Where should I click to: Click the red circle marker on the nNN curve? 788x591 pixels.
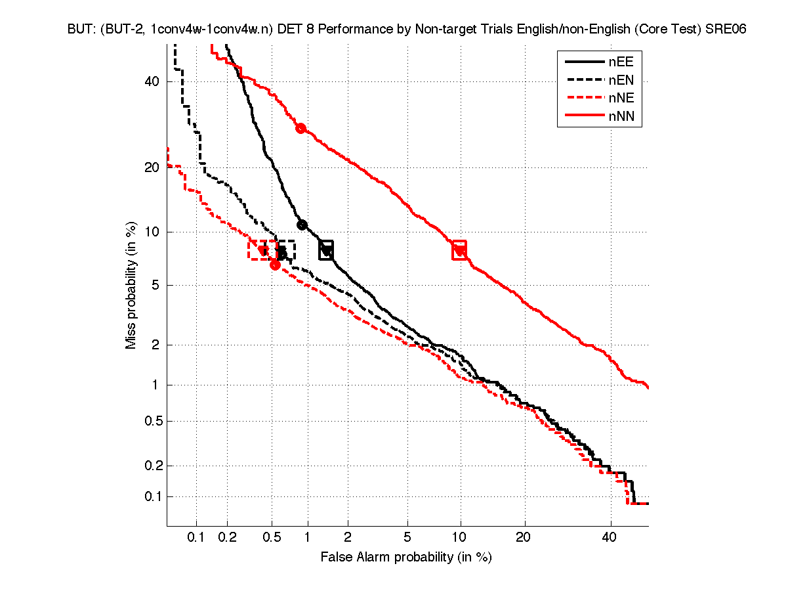pyautogui.click(x=301, y=128)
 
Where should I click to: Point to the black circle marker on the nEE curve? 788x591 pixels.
pyautogui.click(x=302, y=225)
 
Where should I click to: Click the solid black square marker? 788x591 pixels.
pyautogui.click(x=326, y=250)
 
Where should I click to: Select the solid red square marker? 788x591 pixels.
pyautogui.click(x=459, y=250)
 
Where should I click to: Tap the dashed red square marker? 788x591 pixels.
pyautogui.click(x=262, y=250)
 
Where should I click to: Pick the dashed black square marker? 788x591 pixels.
pyautogui.click(x=283, y=250)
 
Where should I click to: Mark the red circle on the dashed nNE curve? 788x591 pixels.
pyautogui.click(x=275, y=265)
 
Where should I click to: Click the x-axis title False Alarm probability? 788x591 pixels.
pyautogui.click(x=406, y=558)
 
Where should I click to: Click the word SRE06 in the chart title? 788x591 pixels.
pyautogui.click(x=726, y=30)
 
